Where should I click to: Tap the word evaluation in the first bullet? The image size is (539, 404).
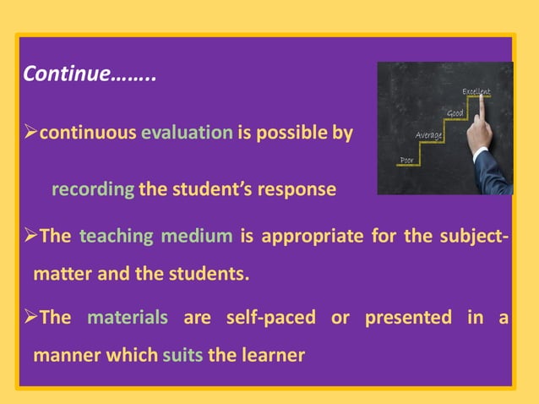click(x=187, y=133)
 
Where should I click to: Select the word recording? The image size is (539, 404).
click(x=93, y=188)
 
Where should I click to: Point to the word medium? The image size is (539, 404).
click(x=196, y=235)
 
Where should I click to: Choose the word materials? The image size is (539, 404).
click(x=128, y=318)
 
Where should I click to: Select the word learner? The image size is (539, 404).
click(x=270, y=355)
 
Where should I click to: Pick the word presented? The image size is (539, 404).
click(x=408, y=318)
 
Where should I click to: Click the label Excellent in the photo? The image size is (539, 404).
click(x=476, y=90)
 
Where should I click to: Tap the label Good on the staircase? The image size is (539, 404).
click(x=455, y=114)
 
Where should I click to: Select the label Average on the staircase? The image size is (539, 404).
click(x=429, y=135)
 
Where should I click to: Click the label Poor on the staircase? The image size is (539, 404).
click(x=406, y=160)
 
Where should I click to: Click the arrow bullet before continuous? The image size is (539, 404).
click(x=30, y=133)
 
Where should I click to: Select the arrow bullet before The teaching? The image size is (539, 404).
click(x=30, y=235)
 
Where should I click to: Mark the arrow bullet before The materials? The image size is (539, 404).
click(x=30, y=318)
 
